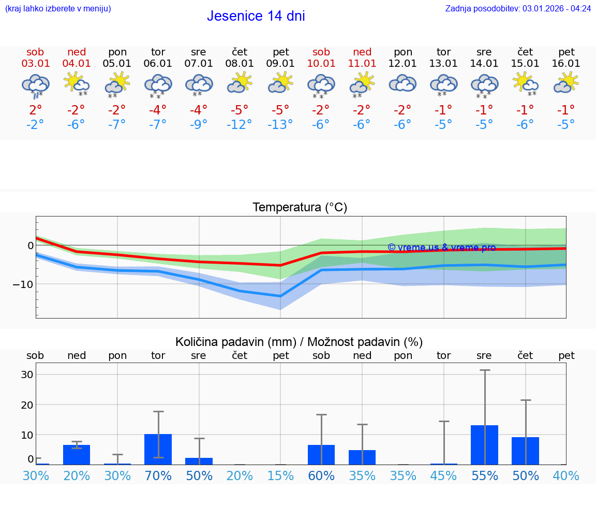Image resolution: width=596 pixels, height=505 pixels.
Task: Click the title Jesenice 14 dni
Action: tap(256, 16)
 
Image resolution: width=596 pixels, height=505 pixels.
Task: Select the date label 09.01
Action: tap(280, 64)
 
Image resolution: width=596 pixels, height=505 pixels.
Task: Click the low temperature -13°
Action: tap(280, 124)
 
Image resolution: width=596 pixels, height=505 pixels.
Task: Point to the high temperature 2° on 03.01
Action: tap(35, 110)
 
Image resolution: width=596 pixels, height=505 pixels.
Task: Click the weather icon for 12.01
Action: tap(403, 84)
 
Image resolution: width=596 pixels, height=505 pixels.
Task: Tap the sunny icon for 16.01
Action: tap(566, 83)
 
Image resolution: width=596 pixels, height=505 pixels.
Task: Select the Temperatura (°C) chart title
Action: tap(300, 208)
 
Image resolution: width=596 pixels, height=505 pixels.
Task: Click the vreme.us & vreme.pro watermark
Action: tap(441, 248)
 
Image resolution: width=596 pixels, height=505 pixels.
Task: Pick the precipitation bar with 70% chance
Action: tap(158, 449)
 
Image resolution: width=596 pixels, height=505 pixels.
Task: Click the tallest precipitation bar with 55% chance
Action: tap(484, 444)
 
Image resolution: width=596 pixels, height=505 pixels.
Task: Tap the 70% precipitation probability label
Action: tap(158, 475)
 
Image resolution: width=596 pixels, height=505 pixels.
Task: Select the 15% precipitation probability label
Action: tap(280, 475)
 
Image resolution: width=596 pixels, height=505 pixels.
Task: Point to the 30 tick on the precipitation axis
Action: tap(27, 374)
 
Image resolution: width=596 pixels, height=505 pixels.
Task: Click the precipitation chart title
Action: tap(299, 342)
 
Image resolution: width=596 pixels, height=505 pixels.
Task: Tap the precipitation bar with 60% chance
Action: tap(321, 454)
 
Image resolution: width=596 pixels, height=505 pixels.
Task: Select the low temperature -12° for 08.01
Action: tap(240, 124)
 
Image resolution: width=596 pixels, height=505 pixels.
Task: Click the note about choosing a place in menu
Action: tap(58, 8)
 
